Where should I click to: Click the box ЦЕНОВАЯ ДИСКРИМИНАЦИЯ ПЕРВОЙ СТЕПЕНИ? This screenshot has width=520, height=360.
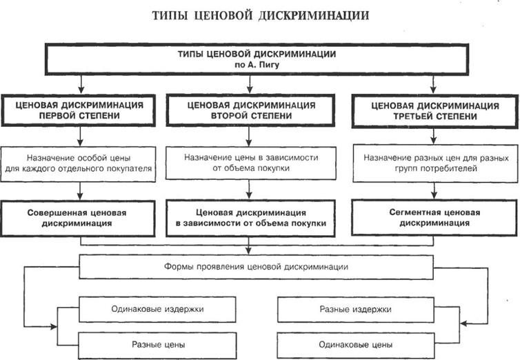point(81,111)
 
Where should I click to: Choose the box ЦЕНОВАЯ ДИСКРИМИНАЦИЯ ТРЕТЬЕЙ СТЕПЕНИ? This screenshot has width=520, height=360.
point(434,111)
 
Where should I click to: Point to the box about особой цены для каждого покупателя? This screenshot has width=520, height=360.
point(81,163)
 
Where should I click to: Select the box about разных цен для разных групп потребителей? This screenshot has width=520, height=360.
point(434,163)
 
